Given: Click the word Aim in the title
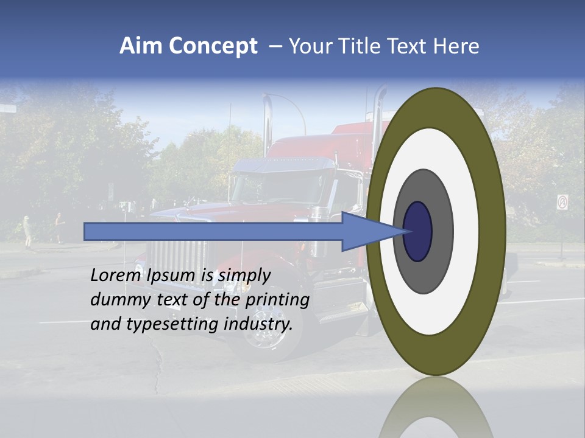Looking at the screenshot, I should click(141, 46).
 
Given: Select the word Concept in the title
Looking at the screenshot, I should click(213, 46).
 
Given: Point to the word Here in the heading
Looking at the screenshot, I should click(456, 46).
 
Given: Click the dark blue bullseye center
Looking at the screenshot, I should click(418, 232).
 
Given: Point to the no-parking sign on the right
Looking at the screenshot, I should click(562, 203).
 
